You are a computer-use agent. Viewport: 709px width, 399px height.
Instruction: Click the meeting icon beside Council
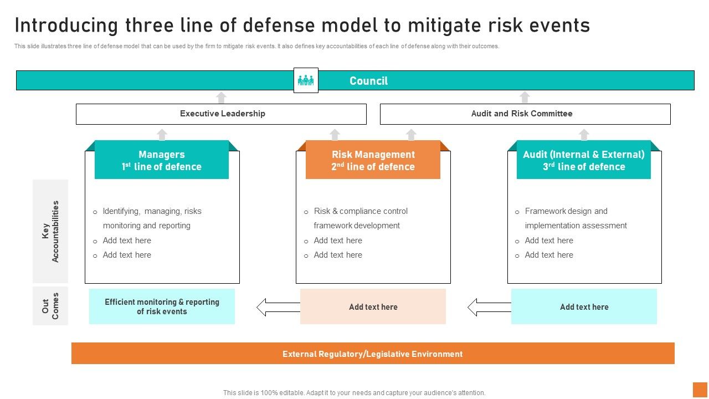pos(306,80)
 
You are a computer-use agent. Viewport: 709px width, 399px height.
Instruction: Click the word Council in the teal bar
pos(368,81)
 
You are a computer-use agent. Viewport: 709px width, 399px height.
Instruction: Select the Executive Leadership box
pos(221,114)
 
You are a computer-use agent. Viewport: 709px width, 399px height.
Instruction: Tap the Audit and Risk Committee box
pos(525,114)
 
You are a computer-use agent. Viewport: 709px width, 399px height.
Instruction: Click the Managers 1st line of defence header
pos(162,160)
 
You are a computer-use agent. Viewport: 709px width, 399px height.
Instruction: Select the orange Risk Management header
pos(373,160)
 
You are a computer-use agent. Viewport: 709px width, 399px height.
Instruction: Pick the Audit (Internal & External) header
pos(584,160)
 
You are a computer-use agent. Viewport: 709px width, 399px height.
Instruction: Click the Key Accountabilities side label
pos(50,231)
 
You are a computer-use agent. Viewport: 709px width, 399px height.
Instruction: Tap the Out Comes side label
pos(50,306)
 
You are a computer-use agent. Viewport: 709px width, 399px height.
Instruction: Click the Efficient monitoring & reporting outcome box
pos(162,306)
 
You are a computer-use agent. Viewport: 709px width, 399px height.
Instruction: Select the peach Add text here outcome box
pos(373,306)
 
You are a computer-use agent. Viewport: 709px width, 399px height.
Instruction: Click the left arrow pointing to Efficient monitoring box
pos(278,307)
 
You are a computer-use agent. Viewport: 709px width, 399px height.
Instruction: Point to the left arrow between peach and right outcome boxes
pos(489,307)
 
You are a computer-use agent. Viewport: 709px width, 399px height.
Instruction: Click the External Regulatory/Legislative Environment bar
pos(372,354)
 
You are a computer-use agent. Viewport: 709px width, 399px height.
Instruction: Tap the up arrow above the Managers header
pos(162,135)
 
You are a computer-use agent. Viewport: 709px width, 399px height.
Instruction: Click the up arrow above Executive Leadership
pos(221,98)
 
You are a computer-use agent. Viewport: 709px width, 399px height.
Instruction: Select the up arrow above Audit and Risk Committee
pos(525,98)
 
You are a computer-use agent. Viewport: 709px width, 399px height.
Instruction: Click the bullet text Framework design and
pos(566,211)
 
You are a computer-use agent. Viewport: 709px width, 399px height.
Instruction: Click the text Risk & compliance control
pos(361,211)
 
